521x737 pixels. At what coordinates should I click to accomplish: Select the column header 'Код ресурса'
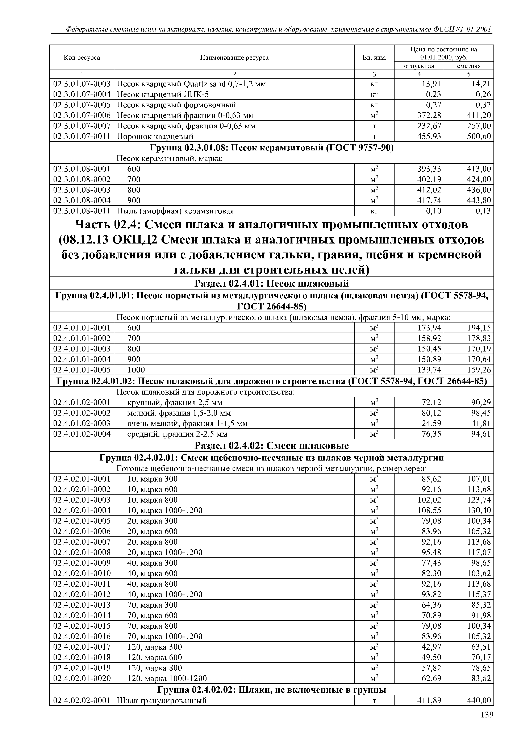(82, 57)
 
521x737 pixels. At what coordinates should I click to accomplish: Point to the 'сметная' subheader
(469, 66)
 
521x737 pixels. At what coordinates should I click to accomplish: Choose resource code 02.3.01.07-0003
(82, 84)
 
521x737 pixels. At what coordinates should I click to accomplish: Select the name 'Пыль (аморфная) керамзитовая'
(175, 211)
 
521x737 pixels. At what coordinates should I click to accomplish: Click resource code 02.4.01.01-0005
(82, 370)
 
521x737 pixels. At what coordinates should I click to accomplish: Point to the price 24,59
(432, 423)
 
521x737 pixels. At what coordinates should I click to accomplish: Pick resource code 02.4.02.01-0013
(82, 605)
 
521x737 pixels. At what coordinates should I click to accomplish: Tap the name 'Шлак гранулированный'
(162, 700)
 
